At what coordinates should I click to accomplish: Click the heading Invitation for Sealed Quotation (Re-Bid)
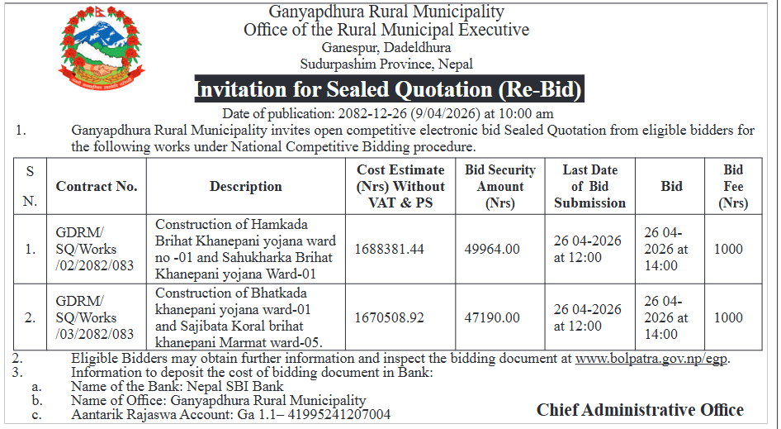point(388,89)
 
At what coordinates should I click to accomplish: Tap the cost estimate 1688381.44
point(389,249)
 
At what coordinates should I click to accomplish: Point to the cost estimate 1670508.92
point(389,317)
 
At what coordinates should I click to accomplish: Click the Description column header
point(245,187)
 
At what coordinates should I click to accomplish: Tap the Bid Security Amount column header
point(500,187)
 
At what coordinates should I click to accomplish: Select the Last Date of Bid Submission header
point(589,187)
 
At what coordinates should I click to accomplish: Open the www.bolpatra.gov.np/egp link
point(652,359)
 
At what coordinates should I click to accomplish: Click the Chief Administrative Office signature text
point(640,410)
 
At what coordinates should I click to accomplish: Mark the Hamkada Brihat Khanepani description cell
point(245,249)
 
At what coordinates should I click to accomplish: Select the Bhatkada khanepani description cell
point(239,317)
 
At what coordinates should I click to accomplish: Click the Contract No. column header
point(97,187)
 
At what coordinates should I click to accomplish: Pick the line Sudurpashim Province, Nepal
point(386,64)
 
